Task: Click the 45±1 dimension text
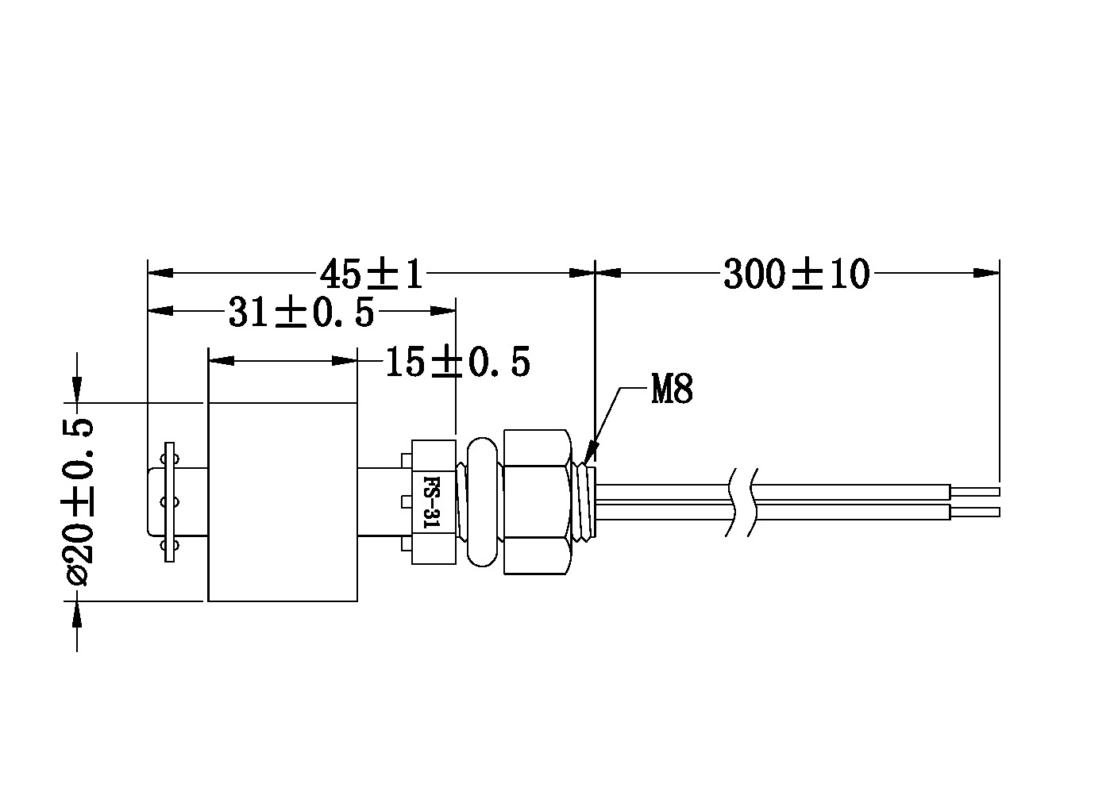[371, 274]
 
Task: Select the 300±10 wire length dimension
[796, 274]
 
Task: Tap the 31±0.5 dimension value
[301, 312]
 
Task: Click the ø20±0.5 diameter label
[77, 502]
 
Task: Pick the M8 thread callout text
[672, 389]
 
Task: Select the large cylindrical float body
[283, 502]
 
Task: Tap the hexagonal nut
[536, 502]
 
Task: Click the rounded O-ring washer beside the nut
[483, 502]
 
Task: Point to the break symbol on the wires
[742, 502]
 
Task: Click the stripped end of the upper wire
[975, 491]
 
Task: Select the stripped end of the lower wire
[975, 512]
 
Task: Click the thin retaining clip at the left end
[170, 502]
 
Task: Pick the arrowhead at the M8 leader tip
[590, 453]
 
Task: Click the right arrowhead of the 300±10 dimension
[987, 273]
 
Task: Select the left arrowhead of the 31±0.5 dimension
[160, 311]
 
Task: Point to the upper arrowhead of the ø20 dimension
[76, 390]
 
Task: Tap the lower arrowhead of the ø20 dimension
[76, 615]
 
